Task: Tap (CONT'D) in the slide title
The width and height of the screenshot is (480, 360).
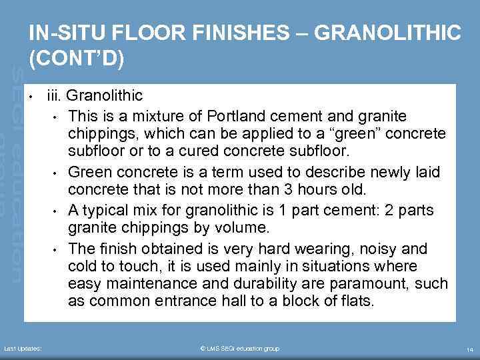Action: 76,58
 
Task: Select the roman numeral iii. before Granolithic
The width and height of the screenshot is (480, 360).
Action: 55,97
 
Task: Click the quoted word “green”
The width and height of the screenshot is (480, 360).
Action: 357,135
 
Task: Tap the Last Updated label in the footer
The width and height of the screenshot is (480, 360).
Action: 23,349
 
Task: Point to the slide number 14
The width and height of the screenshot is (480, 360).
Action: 469,349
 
